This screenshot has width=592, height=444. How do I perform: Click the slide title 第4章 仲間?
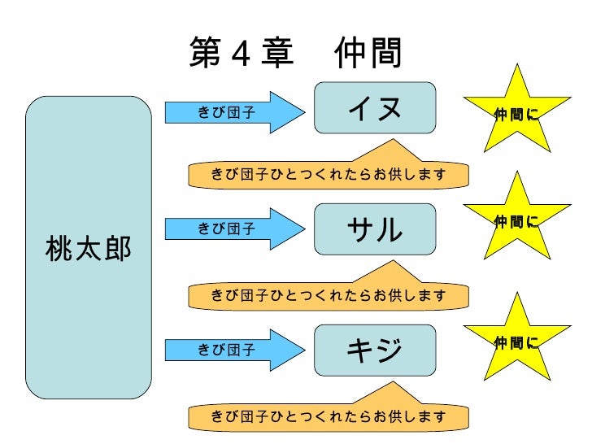(295, 54)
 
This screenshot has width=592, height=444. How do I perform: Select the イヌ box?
(375, 107)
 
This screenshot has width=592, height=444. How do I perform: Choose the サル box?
(375, 229)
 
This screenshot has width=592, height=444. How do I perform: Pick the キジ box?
(375, 350)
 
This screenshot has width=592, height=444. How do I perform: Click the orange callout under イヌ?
(329, 173)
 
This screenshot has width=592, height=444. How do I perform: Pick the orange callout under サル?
(329, 294)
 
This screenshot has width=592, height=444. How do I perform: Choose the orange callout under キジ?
(329, 416)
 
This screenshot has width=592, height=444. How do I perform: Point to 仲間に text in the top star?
(516, 115)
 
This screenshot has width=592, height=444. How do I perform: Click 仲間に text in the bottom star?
(516, 344)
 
